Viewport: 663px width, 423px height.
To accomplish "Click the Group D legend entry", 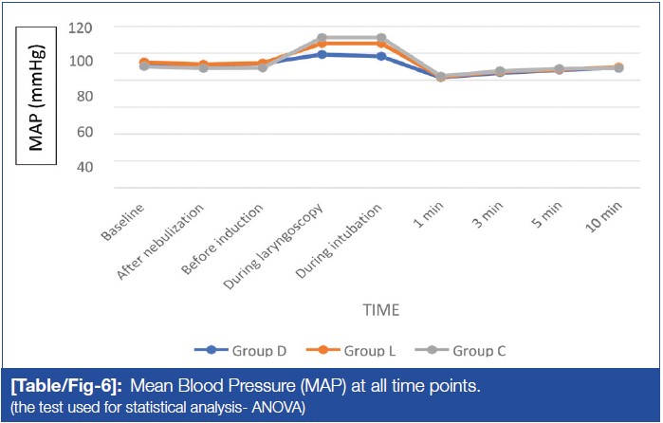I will (x=242, y=350).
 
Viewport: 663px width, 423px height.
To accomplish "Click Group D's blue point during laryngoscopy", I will (x=322, y=54).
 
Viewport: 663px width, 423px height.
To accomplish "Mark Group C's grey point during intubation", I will (x=381, y=38).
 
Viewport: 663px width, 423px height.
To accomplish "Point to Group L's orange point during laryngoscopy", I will (x=322, y=44).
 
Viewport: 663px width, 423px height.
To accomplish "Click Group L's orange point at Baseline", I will (x=143, y=63).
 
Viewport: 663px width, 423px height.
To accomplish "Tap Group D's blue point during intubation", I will (x=381, y=56).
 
